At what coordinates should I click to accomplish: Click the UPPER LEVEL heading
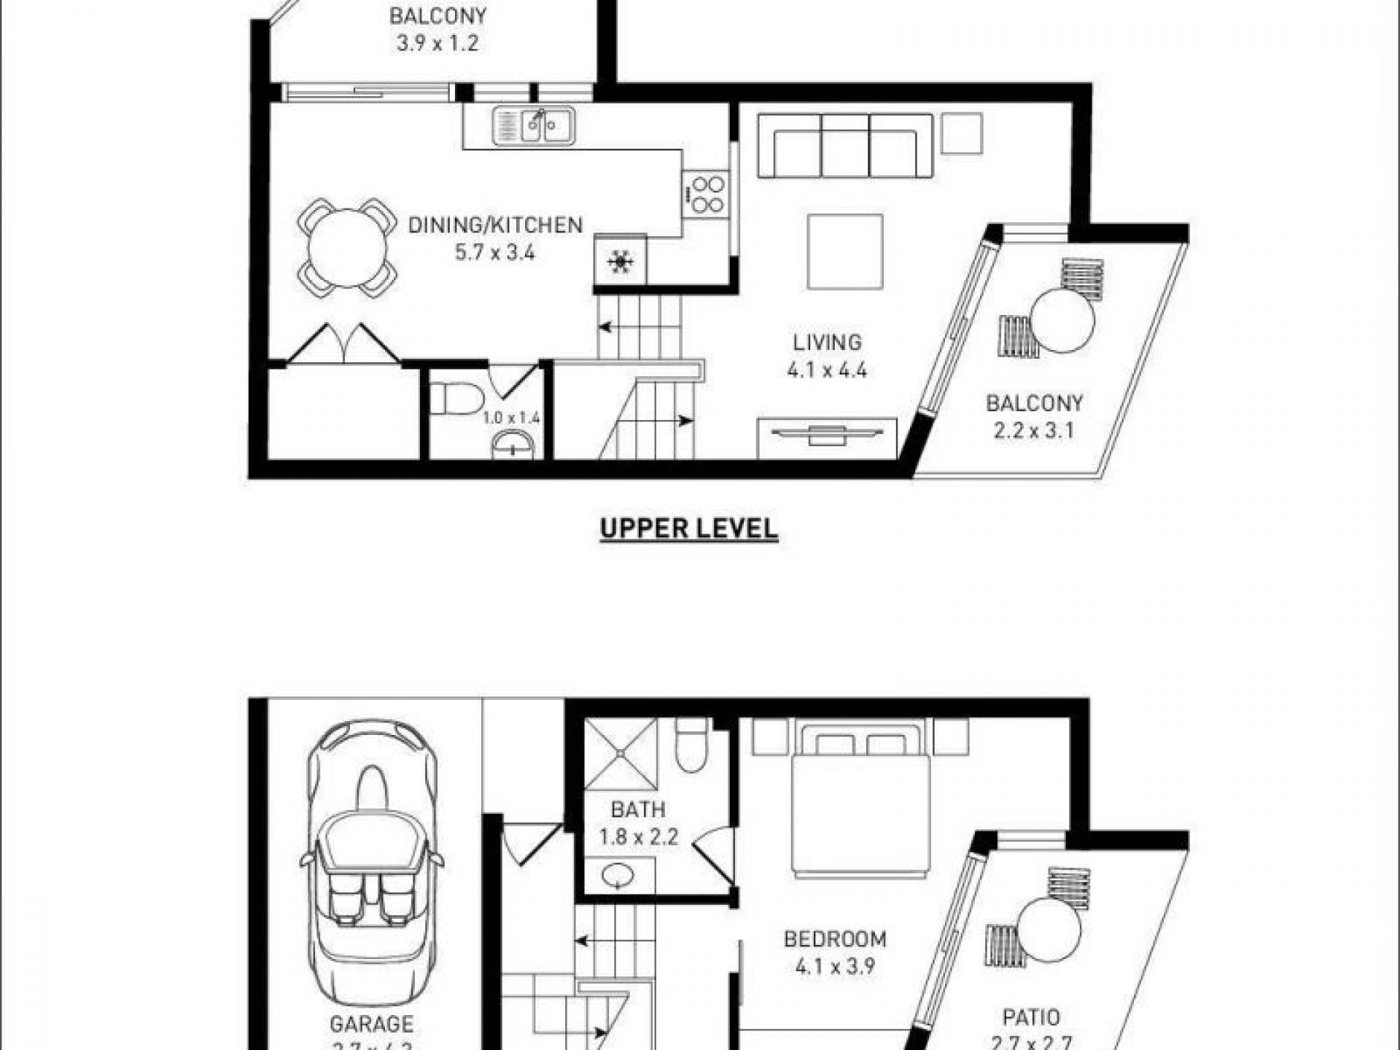pos(688,529)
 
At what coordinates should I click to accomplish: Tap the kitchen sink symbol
pos(533,125)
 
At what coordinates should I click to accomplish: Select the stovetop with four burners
pos(705,195)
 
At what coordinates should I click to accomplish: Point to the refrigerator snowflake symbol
pos(620,261)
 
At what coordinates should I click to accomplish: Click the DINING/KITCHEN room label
pos(495,225)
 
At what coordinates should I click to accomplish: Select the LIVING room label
pos(827,342)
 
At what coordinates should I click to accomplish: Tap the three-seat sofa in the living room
pos(845,146)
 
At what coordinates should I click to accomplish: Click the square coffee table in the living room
pos(845,252)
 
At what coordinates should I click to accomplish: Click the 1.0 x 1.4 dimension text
pos(510,419)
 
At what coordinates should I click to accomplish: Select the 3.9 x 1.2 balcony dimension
pos(437,43)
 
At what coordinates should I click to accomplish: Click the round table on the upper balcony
pos(1062,321)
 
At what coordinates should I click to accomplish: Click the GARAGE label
pos(371,1024)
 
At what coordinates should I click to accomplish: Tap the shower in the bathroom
pos(621,753)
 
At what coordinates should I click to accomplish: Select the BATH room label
pos(638,809)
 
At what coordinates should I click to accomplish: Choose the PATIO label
pos(1031,1017)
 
